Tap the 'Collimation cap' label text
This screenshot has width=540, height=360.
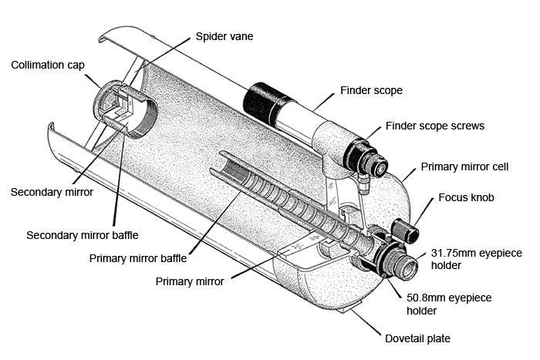click(x=49, y=64)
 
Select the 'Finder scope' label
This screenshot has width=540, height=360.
click(x=371, y=90)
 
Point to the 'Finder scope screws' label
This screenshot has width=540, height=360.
click(x=435, y=126)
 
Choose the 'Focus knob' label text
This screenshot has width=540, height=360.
click(x=466, y=197)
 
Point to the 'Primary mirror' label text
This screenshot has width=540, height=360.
click(x=190, y=281)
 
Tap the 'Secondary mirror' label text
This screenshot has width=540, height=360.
click(x=52, y=191)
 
